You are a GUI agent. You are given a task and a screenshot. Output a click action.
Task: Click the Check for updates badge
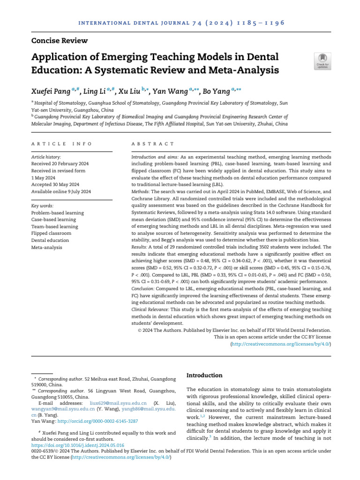tap(322, 61)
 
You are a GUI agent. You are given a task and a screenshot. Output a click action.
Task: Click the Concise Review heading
tap(59, 41)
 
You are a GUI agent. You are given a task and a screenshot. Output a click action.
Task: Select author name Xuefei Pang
tap(49, 91)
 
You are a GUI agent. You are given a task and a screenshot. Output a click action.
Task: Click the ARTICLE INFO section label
tap(58, 144)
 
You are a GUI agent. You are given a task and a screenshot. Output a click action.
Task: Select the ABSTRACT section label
tap(152, 144)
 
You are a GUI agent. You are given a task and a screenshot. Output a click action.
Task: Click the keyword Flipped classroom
tap(51, 233)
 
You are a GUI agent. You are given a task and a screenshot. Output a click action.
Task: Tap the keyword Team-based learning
tap(54, 226)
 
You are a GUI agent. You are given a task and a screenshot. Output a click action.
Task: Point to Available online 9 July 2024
tap(61, 192)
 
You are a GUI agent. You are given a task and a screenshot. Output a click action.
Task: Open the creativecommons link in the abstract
tap(280, 344)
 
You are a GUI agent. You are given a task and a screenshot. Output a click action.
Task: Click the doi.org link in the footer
tap(78, 445)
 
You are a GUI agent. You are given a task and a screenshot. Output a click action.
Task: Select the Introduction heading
tap(204, 375)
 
